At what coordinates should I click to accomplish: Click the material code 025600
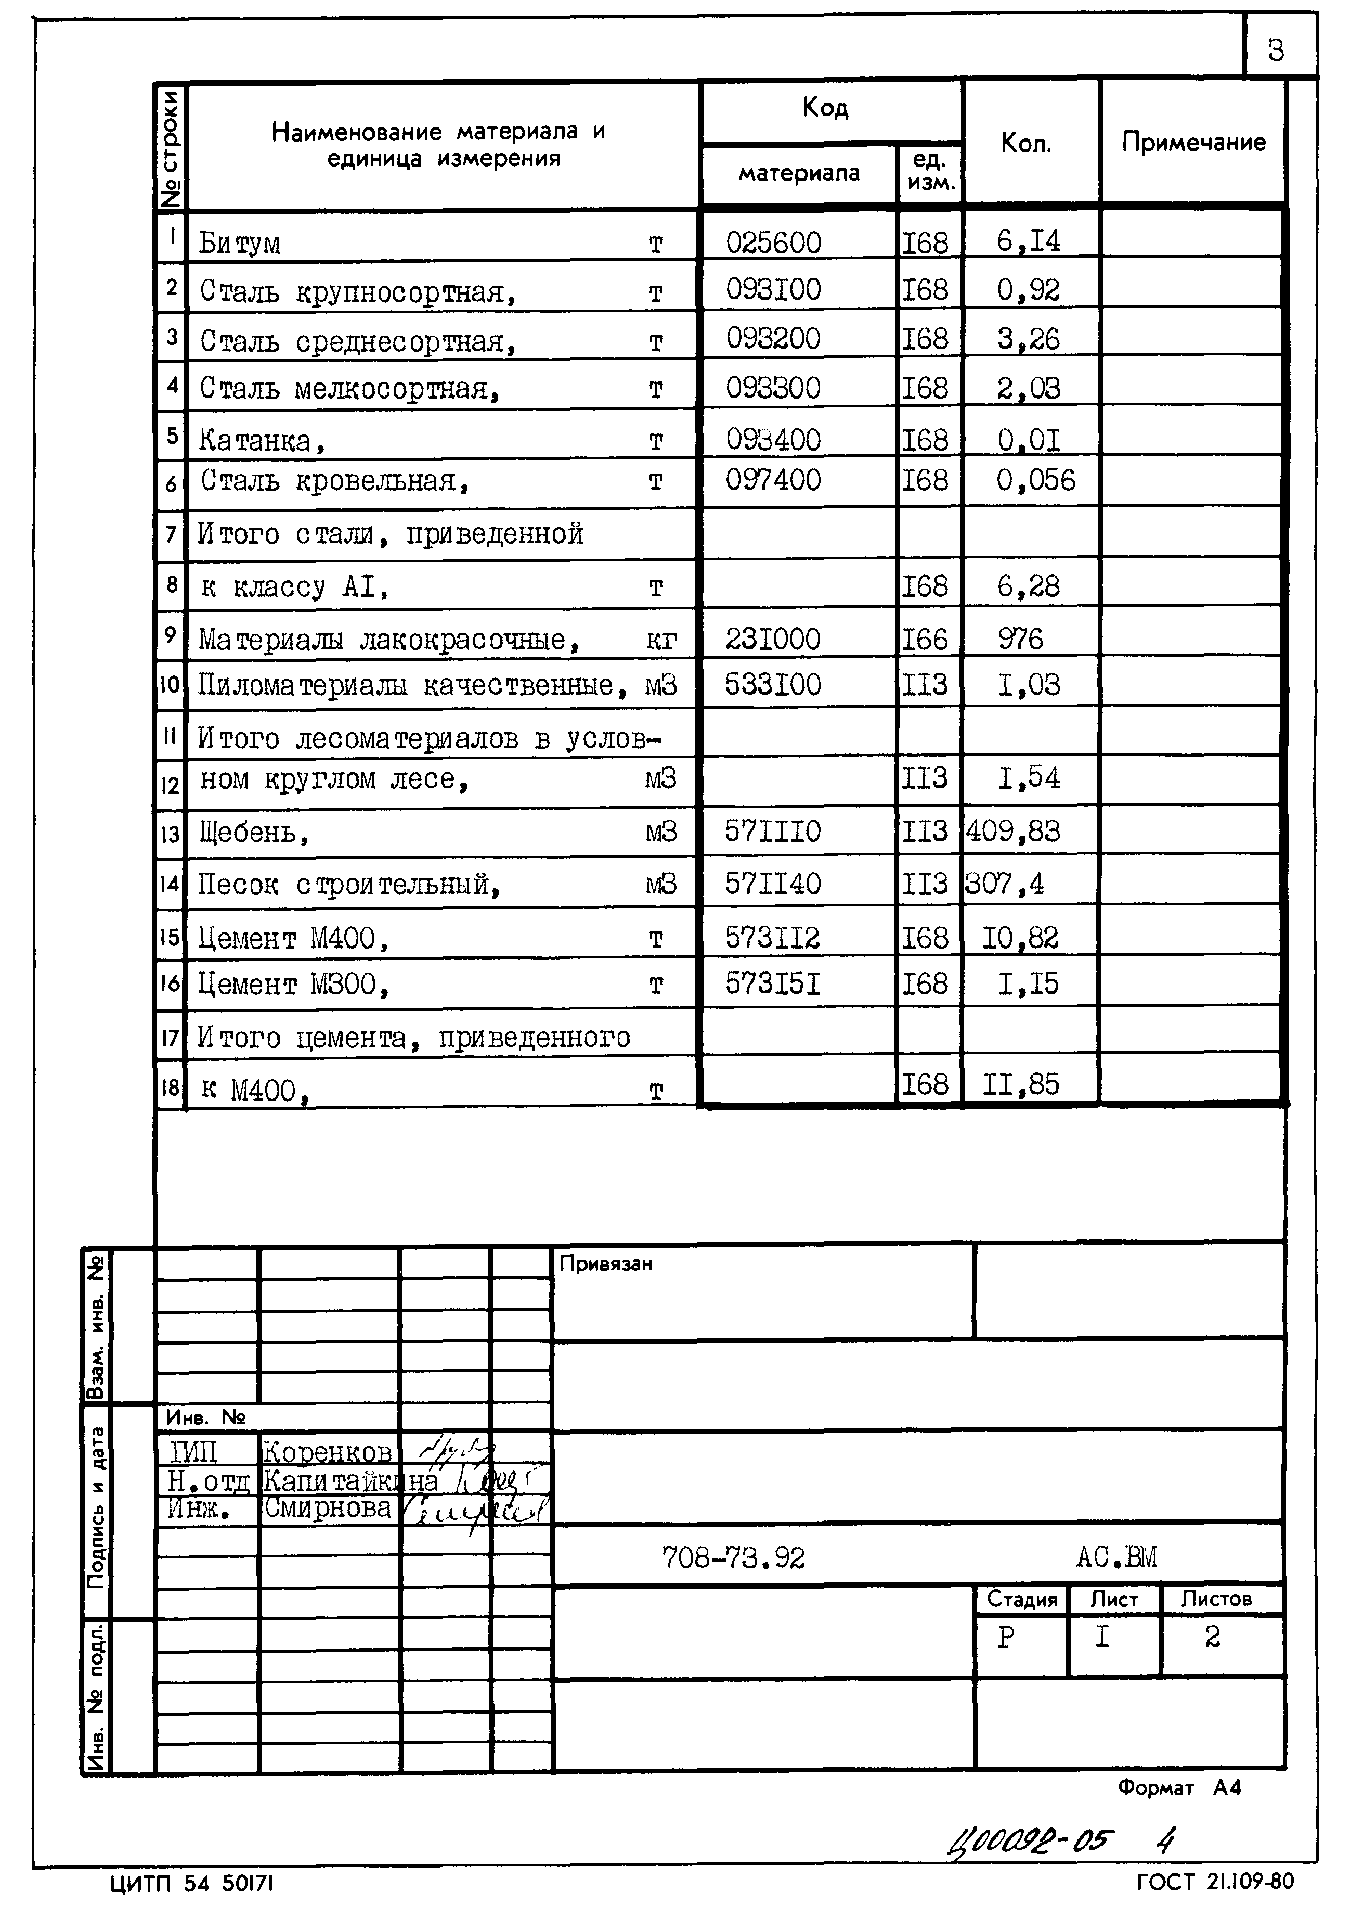(773, 243)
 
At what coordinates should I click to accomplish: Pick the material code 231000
(773, 639)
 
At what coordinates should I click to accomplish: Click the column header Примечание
(1193, 142)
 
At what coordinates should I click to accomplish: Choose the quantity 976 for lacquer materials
(1021, 639)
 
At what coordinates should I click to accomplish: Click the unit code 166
(925, 639)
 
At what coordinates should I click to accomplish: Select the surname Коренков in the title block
(327, 1452)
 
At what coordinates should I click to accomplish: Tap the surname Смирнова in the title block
(327, 1508)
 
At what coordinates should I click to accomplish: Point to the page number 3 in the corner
(1275, 52)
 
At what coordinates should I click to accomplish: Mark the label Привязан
(606, 1264)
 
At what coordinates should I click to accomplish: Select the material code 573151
(773, 985)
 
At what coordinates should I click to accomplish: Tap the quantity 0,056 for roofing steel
(1036, 480)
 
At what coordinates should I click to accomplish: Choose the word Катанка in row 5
(255, 440)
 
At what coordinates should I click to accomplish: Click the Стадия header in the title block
(1021, 1599)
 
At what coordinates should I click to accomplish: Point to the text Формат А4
(1179, 1787)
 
